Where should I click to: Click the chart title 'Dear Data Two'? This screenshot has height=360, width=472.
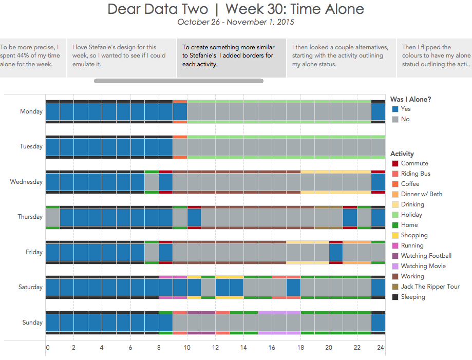pyautogui.click(x=158, y=9)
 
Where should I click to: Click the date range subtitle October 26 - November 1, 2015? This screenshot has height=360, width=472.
pyautogui.click(x=236, y=22)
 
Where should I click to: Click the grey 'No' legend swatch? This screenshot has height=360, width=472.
pyautogui.click(x=395, y=119)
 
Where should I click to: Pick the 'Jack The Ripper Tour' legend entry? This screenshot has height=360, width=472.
pyautogui.click(x=430, y=287)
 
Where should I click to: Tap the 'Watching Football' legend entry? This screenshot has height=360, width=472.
pyautogui.click(x=426, y=256)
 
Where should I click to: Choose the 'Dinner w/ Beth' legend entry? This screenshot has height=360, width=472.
pyautogui.click(x=421, y=194)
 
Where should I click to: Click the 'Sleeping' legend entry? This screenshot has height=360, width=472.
pyautogui.click(x=413, y=297)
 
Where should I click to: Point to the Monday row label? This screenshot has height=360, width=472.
pyautogui.click(x=31, y=111)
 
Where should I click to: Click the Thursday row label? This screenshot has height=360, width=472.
pyautogui.click(x=30, y=217)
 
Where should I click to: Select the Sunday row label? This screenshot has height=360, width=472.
pyautogui.click(x=32, y=323)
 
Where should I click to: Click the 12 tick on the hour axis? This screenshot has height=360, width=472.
pyautogui.click(x=215, y=348)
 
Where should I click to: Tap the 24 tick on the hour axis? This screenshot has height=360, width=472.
pyautogui.click(x=381, y=348)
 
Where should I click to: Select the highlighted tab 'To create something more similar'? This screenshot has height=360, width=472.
pyautogui.click(x=231, y=55)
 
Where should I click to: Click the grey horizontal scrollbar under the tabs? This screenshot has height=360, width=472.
pyautogui.click(x=179, y=81)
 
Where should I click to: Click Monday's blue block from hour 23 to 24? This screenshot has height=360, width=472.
pyautogui.click(x=378, y=111)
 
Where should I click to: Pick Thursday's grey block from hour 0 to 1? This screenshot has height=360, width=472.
pyautogui.click(x=53, y=217)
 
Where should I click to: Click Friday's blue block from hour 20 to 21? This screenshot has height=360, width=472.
pyautogui.click(x=336, y=252)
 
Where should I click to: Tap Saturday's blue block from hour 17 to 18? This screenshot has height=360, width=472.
pyautogui.click(x=293, y=287)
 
